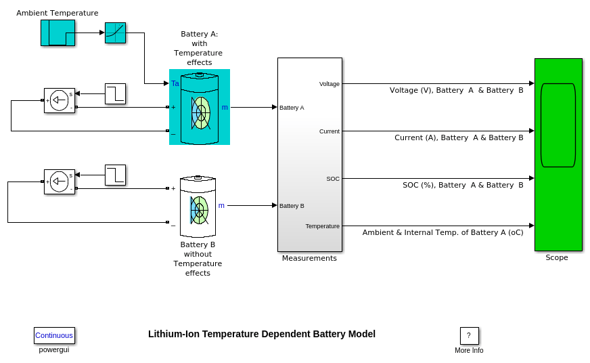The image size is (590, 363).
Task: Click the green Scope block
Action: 558,154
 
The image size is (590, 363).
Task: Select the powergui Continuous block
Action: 54,335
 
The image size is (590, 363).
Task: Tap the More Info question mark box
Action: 469,336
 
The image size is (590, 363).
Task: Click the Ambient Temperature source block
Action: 58,33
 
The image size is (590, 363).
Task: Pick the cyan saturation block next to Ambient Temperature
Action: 115,33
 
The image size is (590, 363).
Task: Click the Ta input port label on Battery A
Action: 175,83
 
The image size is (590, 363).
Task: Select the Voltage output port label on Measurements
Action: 330,84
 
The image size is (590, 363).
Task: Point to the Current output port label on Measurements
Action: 330,131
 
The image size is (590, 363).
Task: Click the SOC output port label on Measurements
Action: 333,179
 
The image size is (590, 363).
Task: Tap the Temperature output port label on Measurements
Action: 323,226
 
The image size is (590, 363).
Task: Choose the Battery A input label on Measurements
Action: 292,108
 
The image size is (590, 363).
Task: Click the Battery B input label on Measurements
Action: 292,206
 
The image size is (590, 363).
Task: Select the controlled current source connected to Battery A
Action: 60,100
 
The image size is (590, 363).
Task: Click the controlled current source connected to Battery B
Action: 60,181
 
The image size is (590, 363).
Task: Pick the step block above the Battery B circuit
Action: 115,175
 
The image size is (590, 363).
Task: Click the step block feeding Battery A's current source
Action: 115,93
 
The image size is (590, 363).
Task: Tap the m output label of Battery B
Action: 221,205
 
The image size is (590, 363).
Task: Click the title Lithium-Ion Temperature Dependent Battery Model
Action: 262,334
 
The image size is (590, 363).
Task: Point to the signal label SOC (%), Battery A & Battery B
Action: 463,185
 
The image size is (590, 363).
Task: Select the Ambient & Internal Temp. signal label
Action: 442,232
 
